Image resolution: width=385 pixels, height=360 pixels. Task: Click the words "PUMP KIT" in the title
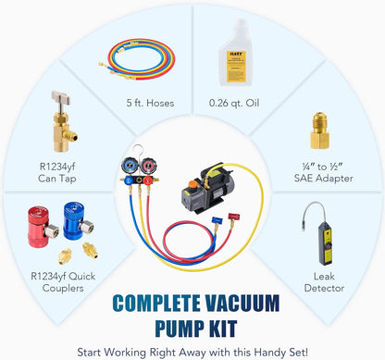point(192,325)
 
